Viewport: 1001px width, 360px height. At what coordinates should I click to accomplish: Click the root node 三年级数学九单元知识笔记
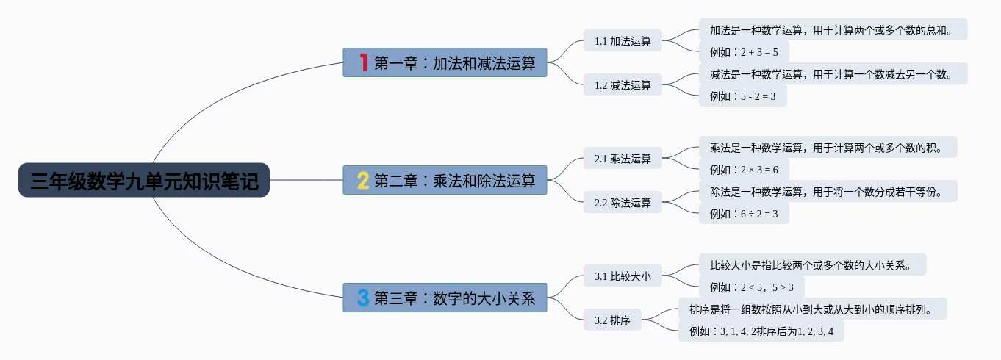tap(144, 180)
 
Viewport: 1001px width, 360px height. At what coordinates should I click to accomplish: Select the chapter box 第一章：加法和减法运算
tap(445, 62)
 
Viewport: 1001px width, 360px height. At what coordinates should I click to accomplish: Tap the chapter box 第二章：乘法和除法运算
tap(445, 180)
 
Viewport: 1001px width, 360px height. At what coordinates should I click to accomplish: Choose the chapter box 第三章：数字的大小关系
tap(445, 298)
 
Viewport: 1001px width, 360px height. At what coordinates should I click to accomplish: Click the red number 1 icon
tap(362, 62)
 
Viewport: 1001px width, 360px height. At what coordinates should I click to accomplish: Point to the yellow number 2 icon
tap(362, 180)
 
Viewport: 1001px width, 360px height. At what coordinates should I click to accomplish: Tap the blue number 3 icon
tap(362, 298)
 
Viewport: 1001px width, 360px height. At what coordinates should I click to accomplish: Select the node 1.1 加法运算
tap(623, 41)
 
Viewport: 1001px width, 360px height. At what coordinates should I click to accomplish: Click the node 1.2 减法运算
tap(623, 85)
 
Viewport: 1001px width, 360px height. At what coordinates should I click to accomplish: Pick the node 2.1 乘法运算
tap(623, 159)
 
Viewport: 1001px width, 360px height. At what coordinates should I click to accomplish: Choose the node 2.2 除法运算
tap(623, 203)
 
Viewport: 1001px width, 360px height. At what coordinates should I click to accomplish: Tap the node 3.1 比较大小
tap(623, 276)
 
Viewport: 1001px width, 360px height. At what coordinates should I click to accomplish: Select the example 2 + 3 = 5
tap(743, 51)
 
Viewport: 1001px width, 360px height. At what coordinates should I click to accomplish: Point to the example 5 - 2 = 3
tap(742, 96)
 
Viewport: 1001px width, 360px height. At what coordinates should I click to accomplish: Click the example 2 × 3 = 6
tap(743, 169)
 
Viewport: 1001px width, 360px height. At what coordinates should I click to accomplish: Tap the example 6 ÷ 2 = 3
tap(743, 214)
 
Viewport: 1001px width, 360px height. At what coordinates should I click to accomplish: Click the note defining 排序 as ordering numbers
tap(812, 309)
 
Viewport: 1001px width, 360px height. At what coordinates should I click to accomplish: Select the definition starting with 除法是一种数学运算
tap(828, 192)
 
